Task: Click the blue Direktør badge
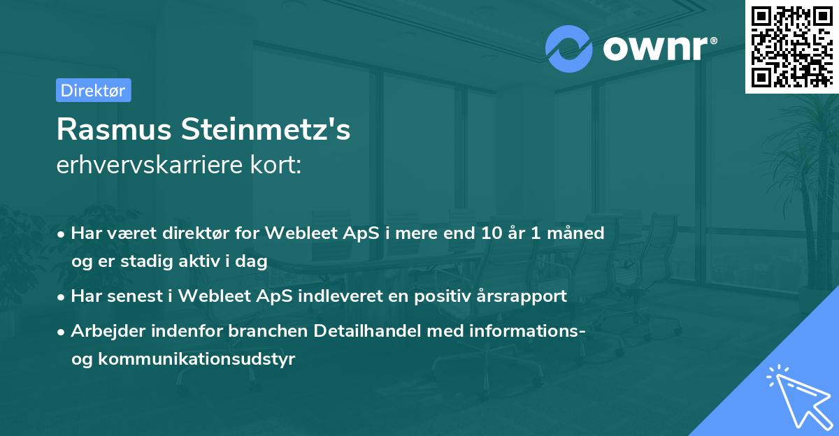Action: [93, 90]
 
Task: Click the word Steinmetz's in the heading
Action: [274, 129]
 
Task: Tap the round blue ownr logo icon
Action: [570, 49]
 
